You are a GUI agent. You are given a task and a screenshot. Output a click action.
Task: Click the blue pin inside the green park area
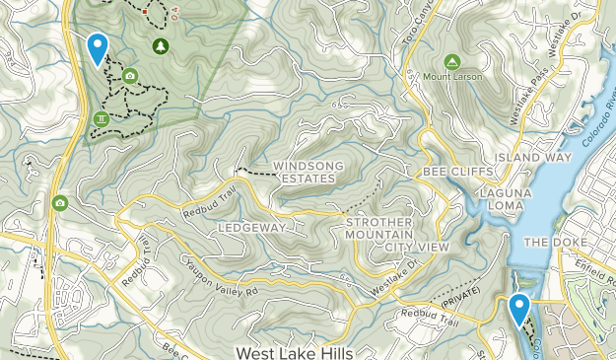coord(97,47)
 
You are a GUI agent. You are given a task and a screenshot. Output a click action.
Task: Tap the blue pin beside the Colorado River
coord(518,309)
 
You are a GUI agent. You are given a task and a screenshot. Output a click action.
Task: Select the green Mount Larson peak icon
coord(451,61)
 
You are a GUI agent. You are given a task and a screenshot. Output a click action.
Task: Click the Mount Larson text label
coord(451,77)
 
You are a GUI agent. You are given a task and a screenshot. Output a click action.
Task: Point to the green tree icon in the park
coord(160,45)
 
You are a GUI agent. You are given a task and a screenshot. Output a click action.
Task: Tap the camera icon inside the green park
coord(130,76)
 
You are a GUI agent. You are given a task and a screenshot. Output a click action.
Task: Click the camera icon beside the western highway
coord(60,203)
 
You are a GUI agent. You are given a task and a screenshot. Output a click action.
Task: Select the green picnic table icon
coord(101,119)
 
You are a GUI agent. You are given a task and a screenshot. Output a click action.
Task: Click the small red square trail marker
coord(145,12)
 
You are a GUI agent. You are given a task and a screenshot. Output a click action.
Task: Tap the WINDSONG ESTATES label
coord(304,172)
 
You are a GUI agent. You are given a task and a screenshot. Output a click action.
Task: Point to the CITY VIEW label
coord(417,246)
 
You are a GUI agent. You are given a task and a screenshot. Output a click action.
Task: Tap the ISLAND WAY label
coord(533,158)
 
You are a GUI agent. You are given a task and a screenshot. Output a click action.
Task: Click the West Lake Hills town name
coord(294,351)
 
